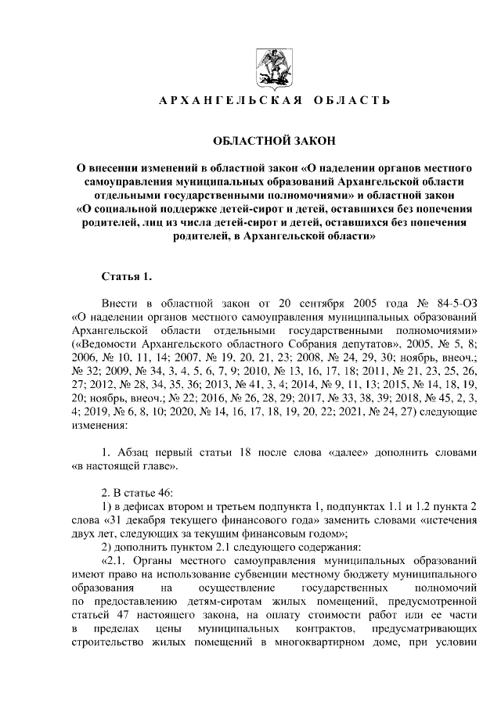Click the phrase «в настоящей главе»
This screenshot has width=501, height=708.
(x=125, y=467)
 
